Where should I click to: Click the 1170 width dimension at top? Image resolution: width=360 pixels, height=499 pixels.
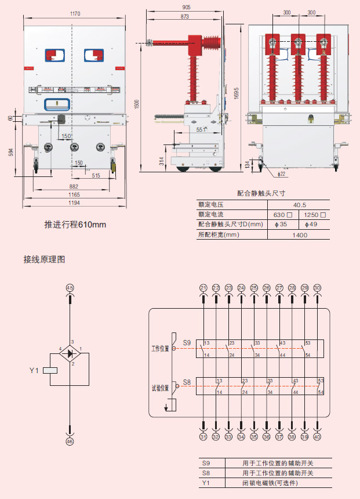point(75,13)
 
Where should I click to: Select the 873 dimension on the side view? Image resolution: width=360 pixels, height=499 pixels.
point(184,17)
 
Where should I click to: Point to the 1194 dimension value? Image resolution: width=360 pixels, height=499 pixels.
point(72,203)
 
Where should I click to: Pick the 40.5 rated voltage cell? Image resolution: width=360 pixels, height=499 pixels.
point(300,205)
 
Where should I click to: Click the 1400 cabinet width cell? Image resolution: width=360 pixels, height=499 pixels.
point(300,235)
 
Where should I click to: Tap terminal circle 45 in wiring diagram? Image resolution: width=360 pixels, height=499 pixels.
point(70,288)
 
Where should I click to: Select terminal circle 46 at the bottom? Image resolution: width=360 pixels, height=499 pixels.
point(70,442)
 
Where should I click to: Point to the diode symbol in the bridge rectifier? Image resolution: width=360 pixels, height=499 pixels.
point(70,353)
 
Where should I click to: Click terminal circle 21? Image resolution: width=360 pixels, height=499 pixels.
point(203,288)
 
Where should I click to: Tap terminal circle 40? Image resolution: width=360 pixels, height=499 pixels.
point(317,437)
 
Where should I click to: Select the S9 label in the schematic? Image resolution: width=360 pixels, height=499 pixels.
point(187,342)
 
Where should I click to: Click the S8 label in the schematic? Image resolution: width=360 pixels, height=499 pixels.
point(187,382)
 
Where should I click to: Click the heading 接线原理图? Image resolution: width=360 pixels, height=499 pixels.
point(44,259)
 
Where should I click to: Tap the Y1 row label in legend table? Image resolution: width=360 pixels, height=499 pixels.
point(206,483)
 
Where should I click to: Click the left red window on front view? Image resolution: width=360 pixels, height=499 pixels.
point(56,55)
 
